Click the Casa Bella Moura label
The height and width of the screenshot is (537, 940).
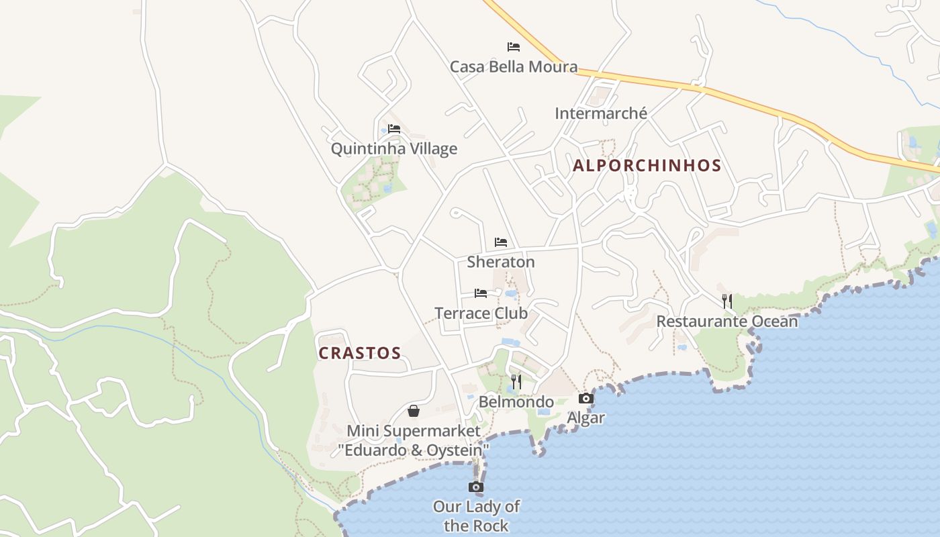514,66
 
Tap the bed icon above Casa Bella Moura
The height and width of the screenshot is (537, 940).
514,47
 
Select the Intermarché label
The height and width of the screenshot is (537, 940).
601,113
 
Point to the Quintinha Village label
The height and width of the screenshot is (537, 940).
394,148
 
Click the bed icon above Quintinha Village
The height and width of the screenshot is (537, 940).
394,129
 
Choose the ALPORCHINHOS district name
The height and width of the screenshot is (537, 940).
647,166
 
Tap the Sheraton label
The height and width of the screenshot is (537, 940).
501,262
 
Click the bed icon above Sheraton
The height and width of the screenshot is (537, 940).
501,242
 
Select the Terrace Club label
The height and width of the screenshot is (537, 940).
481,313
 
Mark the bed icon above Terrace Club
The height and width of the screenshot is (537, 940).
481,293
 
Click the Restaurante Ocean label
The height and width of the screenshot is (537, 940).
727,321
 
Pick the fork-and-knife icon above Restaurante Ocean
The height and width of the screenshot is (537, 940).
727,301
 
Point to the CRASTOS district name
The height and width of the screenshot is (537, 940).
360,353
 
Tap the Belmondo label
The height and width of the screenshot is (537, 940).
516,401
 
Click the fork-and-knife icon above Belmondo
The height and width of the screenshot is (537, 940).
516,382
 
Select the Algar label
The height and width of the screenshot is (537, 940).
586,418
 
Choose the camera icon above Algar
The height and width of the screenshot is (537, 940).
586,399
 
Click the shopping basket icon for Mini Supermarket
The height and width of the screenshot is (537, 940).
414,411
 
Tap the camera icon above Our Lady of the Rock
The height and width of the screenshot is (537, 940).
476,487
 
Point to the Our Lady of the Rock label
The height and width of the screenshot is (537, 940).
476,516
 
